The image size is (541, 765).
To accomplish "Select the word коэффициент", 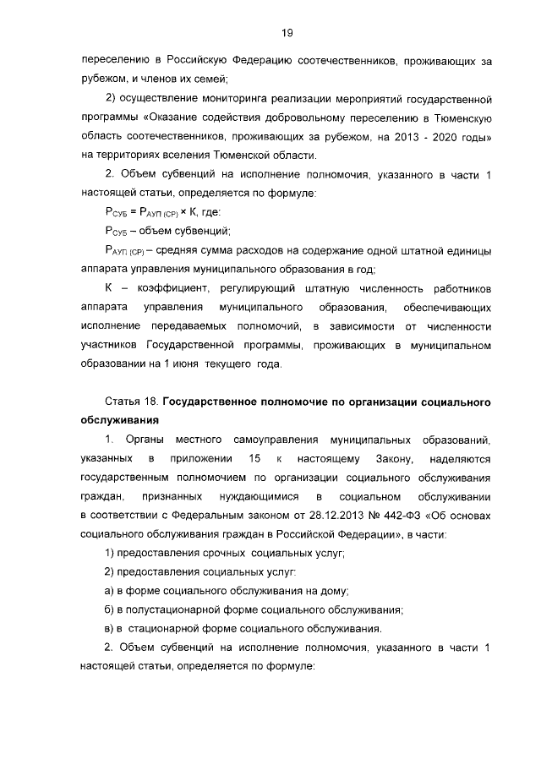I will tap(164, 290).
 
